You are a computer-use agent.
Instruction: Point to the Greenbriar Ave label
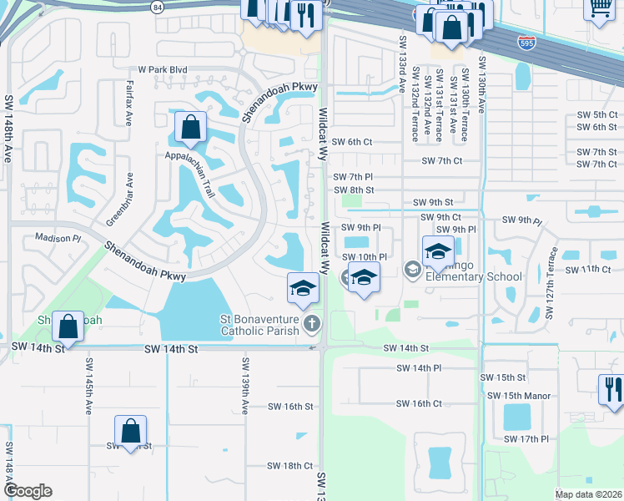click(x=129, y=200)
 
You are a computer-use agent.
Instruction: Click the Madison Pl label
click(x=58, y=238)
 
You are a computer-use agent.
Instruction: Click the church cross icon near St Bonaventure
click(x=312, y=323)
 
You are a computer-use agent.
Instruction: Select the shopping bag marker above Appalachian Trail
click(x=190, y=128)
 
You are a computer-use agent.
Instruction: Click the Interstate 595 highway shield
click(x=524, y=41)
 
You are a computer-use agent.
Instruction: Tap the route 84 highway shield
click(x=158, y=7)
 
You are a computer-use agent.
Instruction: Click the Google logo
click(x=27, y=491)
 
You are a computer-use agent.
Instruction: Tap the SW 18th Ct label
click(x=290, y=466)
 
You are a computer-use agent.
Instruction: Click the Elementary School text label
click(x=473, y=276)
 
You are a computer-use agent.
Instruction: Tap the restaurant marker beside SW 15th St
click(x=611, y=388)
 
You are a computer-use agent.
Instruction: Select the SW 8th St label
click(x=354, y=190)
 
